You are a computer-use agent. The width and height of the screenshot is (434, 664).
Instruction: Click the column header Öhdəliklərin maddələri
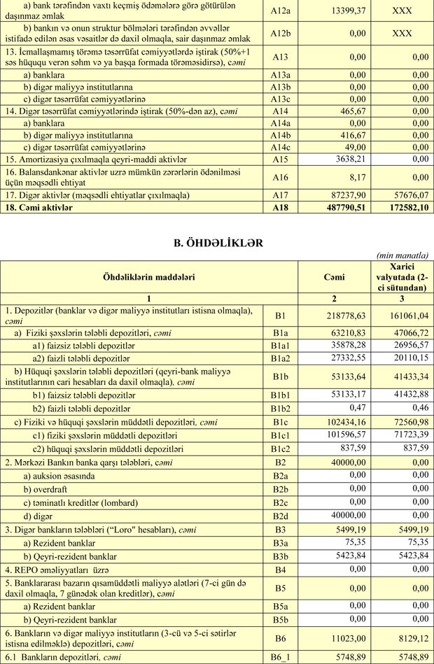coord(149,277)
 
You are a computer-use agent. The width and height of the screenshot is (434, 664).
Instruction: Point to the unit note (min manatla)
coord(402,255)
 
